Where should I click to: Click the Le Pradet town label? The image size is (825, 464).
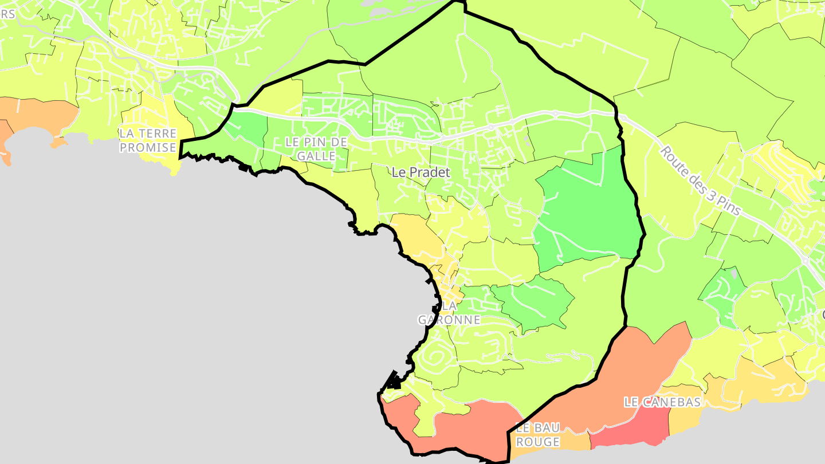pos(421,172)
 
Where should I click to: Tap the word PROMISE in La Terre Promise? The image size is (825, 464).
pos(148,148)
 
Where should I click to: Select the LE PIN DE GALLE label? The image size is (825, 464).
pos(316,148)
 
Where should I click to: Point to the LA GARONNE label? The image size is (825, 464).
pos(449,313)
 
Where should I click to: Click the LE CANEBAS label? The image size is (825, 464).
pos(662,402)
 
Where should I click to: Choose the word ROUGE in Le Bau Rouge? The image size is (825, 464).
pos(537,442)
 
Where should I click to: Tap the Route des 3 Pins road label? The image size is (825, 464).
pos(700,180)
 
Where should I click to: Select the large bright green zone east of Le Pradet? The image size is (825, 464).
pos(590,212)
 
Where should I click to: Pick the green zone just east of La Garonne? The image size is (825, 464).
pos(533,304)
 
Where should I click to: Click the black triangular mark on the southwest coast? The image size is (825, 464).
pos(394,380)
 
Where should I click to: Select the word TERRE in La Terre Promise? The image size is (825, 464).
pos(156,133)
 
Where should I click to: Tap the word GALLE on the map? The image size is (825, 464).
pos(316,156)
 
